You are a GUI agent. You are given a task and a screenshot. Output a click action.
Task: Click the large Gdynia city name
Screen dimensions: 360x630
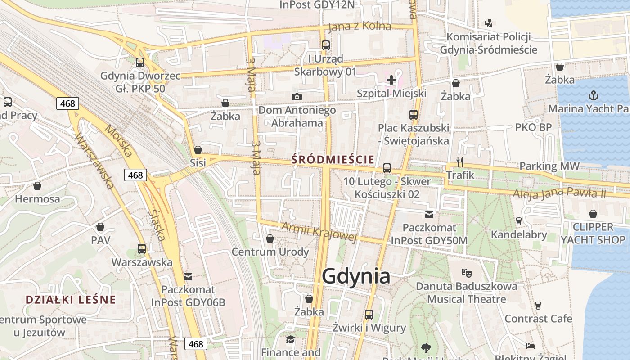(356, 276)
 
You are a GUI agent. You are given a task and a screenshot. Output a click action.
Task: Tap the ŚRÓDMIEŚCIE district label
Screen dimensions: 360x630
(333, 159)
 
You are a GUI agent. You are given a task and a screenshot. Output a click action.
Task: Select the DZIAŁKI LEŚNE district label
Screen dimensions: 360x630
(71, 300)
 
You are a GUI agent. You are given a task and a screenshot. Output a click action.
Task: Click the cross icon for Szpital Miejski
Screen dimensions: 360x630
(391, 80)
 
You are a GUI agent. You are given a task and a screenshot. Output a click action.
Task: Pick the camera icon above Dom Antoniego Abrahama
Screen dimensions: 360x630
(297, 97)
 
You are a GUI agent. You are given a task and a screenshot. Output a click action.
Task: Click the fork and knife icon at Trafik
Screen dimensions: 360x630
(459, 162)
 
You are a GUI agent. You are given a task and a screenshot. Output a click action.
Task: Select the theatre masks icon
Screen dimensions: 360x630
(466, 272)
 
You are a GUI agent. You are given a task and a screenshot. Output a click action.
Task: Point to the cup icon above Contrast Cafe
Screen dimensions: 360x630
(538, 306)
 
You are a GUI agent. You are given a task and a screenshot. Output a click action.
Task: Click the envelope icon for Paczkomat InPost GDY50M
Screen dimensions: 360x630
(429, 215)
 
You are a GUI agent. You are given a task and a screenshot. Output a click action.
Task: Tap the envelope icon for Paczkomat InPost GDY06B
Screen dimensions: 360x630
(188, 276)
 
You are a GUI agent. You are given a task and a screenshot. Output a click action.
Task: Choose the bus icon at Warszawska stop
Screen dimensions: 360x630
(142, 248)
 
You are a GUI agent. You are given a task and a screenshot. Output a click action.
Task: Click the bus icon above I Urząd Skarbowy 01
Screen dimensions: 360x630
(325, 45)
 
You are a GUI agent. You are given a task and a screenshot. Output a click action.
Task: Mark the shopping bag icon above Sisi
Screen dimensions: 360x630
(198, 150)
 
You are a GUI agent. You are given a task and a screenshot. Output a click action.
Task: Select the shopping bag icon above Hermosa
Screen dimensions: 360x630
(37, 186)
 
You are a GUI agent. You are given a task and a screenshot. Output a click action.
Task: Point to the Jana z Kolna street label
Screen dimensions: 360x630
(360, 27)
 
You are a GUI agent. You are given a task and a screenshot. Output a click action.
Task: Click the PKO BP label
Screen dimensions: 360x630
(533, 127)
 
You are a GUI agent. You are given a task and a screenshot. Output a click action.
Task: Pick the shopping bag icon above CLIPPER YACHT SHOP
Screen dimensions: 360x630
(593, 214)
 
